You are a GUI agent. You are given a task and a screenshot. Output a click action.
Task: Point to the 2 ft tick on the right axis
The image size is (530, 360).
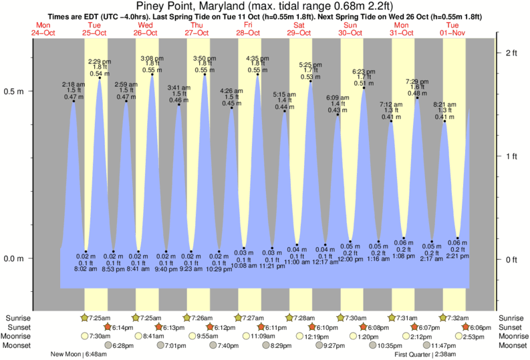(x=511, y=52)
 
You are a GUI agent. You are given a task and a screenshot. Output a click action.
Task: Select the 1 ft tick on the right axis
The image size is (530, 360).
(x=511, y=156)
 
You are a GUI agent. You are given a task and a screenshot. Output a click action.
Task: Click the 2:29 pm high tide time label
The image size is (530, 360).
(x=100, y=61)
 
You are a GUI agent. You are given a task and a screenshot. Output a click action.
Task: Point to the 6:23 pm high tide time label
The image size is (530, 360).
(x=364, y=71)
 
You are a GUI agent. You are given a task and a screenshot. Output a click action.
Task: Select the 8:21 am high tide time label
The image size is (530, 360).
(x=444, y=105)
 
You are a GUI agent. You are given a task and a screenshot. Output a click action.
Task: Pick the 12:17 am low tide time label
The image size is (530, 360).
(x=325, y=261)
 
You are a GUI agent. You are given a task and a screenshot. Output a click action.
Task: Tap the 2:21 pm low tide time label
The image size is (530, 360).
(x=458, y=254)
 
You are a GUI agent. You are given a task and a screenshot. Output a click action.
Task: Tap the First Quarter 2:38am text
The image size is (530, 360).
(x=425, y=355)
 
